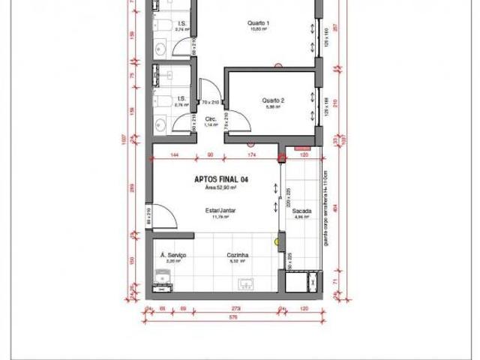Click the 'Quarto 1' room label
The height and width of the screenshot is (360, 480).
pos(258,23)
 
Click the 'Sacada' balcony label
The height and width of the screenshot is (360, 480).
pos(302,211)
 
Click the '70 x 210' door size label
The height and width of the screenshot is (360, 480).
pos(209,102)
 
